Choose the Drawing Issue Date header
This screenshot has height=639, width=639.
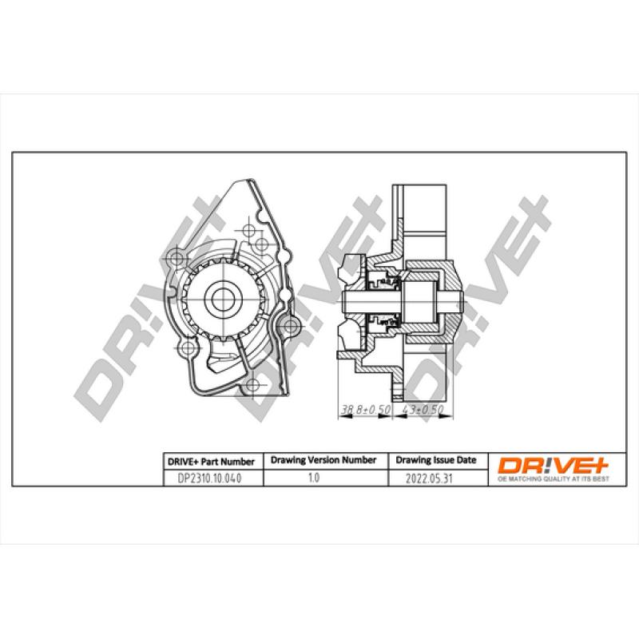(436, 461)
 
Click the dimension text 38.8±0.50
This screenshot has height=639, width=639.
(365, 410)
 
